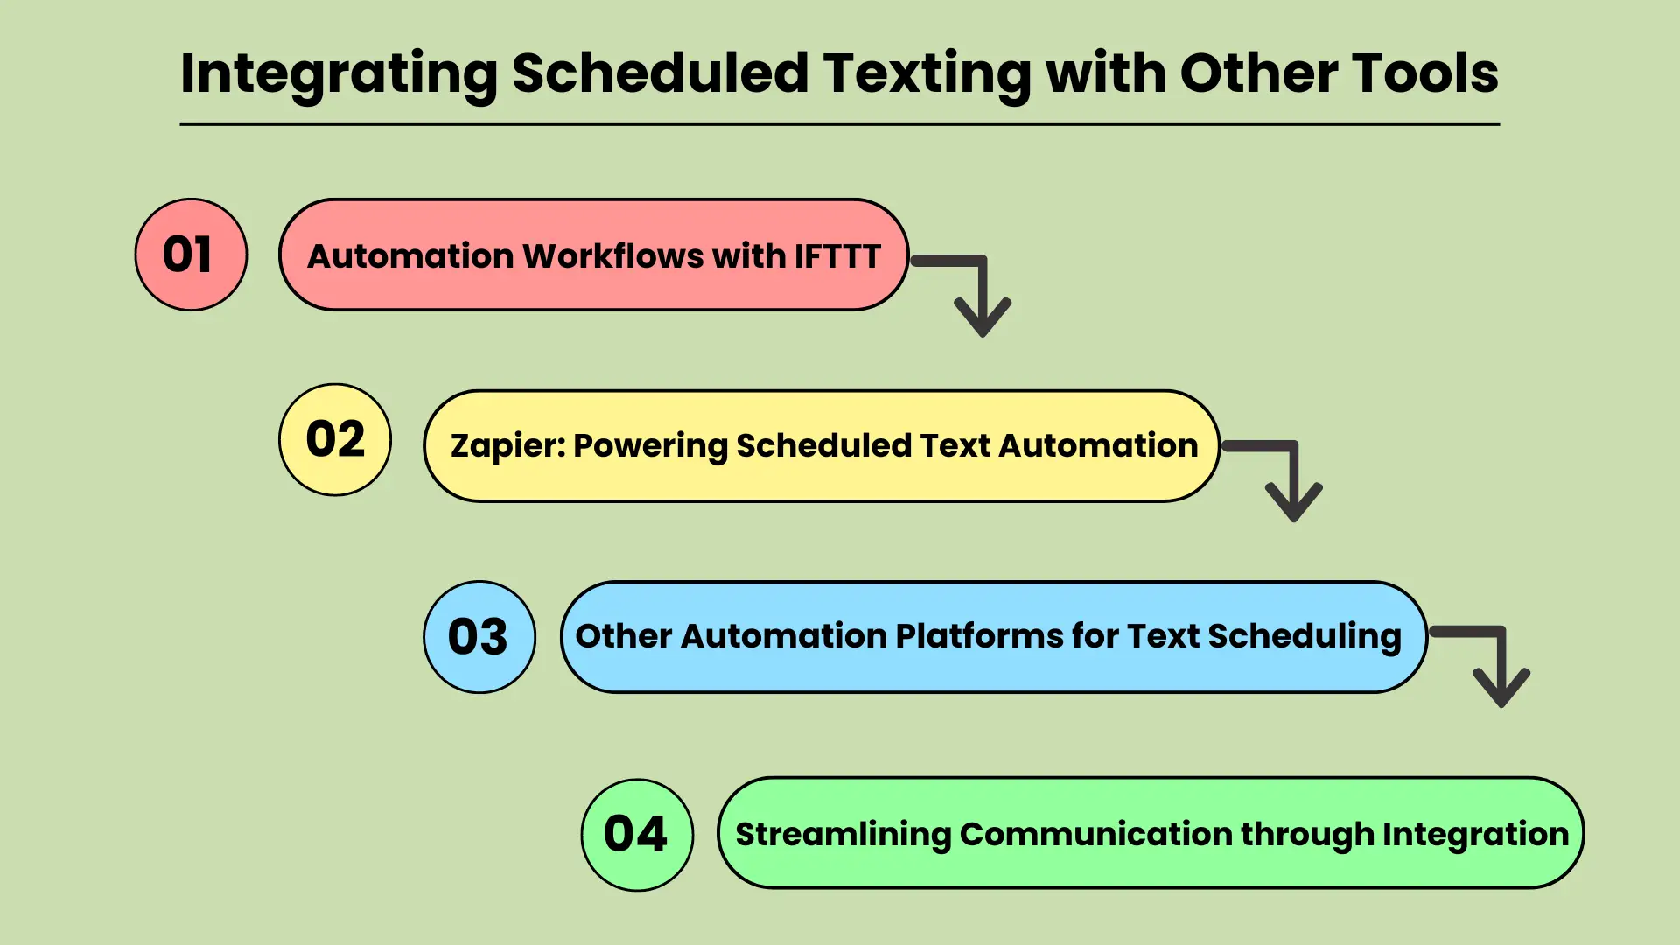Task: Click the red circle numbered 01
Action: pos(191,255)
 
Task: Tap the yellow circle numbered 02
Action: pos(335,439)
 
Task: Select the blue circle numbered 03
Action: pos(479,637)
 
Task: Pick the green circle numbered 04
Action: pos(637,835)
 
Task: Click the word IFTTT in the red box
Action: pos(837,256)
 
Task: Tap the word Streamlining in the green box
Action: pos(843,835)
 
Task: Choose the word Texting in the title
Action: pos(927,74)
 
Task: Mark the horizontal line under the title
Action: pos(840,124)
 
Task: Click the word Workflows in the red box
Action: pos(612,256)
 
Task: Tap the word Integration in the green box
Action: pos(1476,835)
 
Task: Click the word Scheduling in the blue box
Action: pos(1305,636)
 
